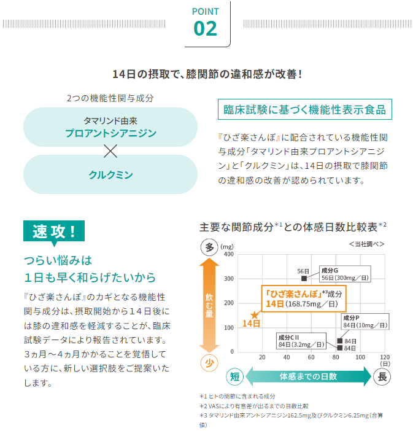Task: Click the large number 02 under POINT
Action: [205, 29]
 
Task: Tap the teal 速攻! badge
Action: [54, 231]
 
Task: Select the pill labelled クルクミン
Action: [110, 174]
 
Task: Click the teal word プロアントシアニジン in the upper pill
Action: [110, 133]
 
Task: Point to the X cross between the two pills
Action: [110, 151]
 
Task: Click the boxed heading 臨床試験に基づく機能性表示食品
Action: [305, 109]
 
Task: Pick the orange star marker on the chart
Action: [255, 316]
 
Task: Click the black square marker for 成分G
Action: [304, 279]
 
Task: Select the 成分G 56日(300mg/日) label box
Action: [345, 274]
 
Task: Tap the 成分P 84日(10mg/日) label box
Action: [365, 321]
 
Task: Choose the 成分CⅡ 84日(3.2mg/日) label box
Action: [301, 341]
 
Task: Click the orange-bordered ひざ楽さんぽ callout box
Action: [304, 298]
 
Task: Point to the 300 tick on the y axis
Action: [229, 279]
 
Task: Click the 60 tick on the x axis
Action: [311, 357]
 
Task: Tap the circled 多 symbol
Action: [209, 247]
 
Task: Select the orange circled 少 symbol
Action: [209, 363]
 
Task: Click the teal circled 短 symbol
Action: [235, 376]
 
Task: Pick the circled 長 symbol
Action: [382, 376]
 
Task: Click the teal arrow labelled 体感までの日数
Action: [308, 376]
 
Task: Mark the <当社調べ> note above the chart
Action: [366, 244]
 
